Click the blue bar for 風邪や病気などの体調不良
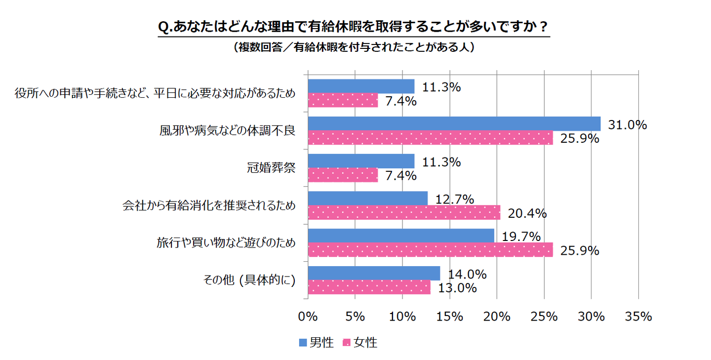click(x=454, y=123)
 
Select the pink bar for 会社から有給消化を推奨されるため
click(x=404, y=212)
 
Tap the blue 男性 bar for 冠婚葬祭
click(x=361, y=161)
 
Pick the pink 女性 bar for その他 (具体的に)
click(x=369, y=287)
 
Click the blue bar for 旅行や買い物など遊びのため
click(x=401, y=236)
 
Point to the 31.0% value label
click(x=627, y=125)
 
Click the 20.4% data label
click(x=527, y=213)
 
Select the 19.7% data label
click(x=521, y=237)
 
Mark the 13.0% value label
click(x=457, y=288)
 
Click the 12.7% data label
click(x=454, y=200)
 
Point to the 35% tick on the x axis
click(x=638, y=317)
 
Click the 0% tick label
click(x=308, y=317)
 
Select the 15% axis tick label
click(x=449, y=317)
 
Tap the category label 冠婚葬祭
click(x=271, y=167)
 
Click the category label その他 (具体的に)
click(x=249, y=280)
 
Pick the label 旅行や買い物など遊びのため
click(x=226, y=243)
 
